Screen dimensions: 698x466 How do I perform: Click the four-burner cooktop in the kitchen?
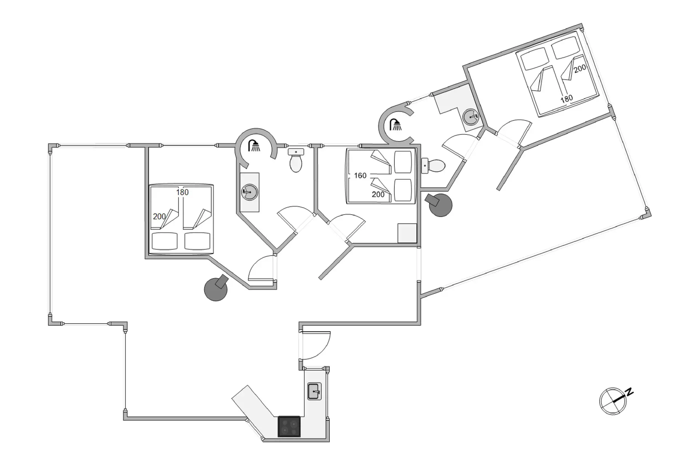[x=289, y=426]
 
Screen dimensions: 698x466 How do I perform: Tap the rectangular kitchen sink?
[x=314, y=391]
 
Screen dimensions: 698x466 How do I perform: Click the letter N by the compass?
[x=629, y=392]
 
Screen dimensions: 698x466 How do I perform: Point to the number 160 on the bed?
[x=360, y=175]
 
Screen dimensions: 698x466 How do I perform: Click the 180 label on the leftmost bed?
[x=182, y=192]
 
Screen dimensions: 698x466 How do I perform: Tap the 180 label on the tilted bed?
[x=567, y=98]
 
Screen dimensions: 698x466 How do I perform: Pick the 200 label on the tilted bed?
[x=580, y=68]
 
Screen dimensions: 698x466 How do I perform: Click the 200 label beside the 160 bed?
[x=378, y=194]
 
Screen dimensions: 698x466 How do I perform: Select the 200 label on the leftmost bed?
[x=159, y=216]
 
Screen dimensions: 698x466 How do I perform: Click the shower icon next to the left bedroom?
[x=254, y=146]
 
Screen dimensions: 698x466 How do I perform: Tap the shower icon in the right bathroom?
[x=396, y=125]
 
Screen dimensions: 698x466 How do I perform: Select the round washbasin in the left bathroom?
[x=250, y=191]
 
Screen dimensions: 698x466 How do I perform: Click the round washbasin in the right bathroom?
[x=471, y=117]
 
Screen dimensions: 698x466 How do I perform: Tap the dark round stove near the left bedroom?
[x=216, y=289]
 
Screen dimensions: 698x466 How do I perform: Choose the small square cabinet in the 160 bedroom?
[x=407, y=233]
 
